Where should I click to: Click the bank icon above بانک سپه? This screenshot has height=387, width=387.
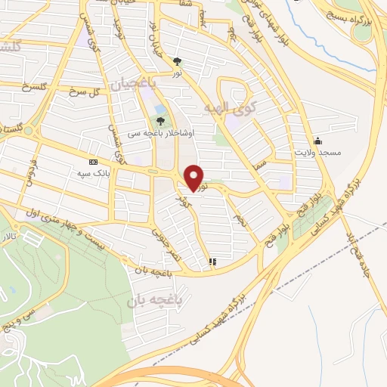(x=93, y=162)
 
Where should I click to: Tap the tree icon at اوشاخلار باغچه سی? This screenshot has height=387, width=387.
(x=160, y=119)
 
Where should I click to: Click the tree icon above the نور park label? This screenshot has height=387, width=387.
(x=177, y=62)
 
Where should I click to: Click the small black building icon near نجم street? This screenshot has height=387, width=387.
(x=213, y=262)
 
